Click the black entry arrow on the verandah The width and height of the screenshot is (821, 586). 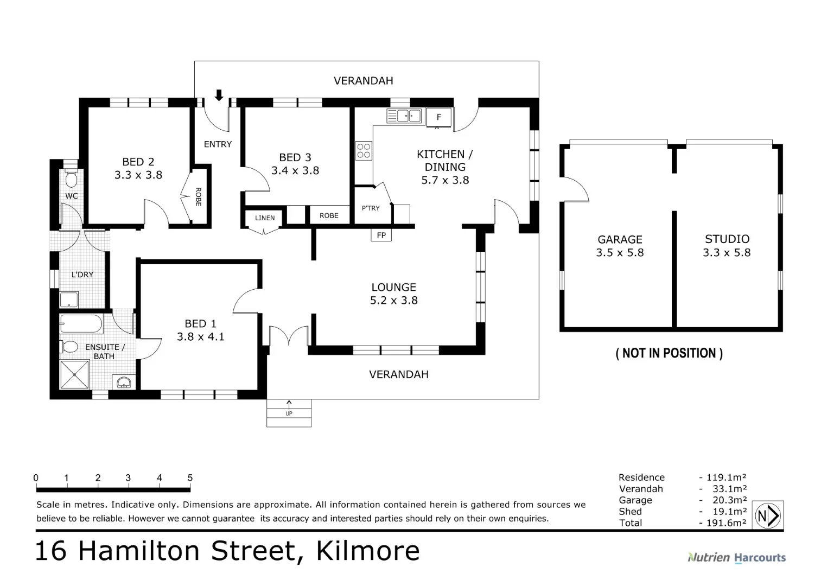219,95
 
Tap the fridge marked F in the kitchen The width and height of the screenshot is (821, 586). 438,117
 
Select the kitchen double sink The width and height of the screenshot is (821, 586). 404,116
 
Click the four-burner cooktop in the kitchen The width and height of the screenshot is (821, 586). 364,150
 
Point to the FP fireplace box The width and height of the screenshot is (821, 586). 381,235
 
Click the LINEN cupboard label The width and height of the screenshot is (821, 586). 265,218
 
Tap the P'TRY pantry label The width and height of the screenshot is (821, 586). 371,208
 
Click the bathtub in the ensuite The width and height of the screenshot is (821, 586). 81,324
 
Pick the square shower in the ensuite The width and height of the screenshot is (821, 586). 74,375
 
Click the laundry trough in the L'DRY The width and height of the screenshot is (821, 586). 69,300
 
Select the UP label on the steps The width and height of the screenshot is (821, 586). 289,413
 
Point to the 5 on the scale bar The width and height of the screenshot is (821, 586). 190,478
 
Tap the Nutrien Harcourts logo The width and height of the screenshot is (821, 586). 736,557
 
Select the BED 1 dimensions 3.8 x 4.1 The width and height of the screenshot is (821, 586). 200,336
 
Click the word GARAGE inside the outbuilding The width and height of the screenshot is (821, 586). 620,239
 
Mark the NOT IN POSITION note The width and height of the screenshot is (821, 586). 669,353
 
